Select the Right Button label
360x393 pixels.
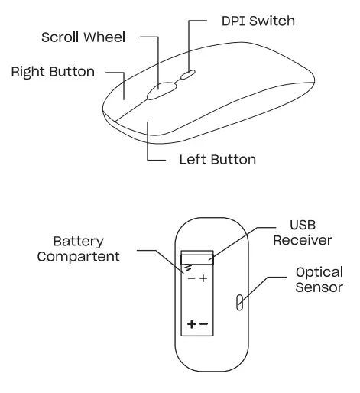click(x=53, y=72)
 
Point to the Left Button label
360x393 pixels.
click(x=217, y=161)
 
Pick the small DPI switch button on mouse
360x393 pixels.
click(x=188, y=74)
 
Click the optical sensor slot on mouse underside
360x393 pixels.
click(x=240, y=303)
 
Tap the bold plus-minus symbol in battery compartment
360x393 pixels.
click(x=196, y=324)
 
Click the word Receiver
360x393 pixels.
click(x=303, y=241)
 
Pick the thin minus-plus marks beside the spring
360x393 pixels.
click(x=197, y=278)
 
